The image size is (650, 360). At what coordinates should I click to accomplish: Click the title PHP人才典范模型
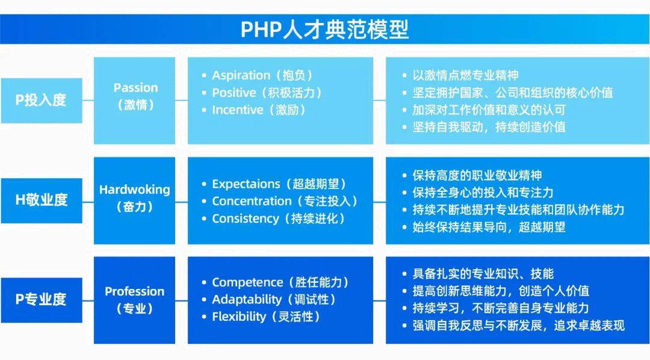324,29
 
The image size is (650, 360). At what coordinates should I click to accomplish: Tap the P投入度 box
42,101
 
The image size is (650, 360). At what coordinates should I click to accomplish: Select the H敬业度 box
42,200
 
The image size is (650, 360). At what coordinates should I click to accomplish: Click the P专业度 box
42,300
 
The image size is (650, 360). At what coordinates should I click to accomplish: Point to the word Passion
135,87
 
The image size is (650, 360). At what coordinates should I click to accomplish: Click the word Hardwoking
135,190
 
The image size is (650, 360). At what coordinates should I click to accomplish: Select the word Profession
135,291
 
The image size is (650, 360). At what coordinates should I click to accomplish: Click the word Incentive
238,110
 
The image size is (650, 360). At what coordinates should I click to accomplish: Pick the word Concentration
252,200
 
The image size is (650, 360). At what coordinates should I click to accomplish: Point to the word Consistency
246,219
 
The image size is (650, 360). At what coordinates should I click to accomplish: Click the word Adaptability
247,299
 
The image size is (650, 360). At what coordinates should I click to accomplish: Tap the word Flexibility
239,317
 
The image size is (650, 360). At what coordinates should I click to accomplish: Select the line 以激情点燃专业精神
465,75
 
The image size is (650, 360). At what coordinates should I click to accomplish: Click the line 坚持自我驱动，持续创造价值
489,127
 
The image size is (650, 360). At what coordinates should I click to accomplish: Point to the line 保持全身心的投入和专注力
483,193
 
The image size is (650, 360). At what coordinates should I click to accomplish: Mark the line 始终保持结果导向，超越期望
489,228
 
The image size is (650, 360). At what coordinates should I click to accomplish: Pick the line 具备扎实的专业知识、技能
483,274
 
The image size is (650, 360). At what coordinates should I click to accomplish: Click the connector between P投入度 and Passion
88,101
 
